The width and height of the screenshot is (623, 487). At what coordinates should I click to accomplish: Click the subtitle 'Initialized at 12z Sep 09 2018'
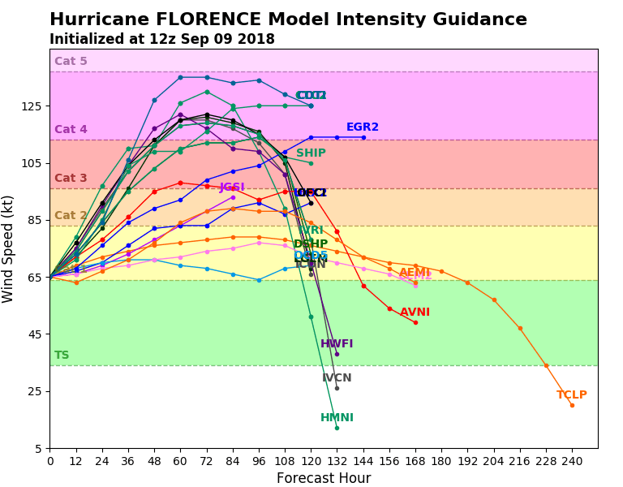coord(161,40)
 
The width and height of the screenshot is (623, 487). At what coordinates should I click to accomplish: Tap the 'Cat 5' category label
coord(71,62)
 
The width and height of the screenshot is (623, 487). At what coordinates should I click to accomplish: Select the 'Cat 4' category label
coord(71,130)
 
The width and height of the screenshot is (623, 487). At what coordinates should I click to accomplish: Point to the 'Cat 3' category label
coord(71,179)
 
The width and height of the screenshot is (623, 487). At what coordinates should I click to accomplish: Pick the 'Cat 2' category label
coord(71,216)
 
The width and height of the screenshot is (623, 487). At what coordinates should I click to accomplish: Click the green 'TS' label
coord(62,356)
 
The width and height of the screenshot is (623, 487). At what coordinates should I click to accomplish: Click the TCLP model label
coord(571,395)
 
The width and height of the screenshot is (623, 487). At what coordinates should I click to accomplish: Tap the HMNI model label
coord(337,418)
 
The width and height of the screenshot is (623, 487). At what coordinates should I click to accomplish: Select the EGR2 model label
coord(362,127)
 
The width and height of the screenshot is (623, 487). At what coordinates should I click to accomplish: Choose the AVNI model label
coord(415,312)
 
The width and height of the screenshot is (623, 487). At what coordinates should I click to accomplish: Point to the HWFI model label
coord(337,344)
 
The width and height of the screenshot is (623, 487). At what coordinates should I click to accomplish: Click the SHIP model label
coord(311,153)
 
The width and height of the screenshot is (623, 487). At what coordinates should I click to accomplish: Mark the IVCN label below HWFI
coord(337,378)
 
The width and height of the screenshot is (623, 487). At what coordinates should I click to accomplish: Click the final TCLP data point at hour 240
coord(572,405)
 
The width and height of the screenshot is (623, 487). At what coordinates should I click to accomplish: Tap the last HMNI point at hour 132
coord(337,428)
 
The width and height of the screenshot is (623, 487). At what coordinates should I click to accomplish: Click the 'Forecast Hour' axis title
coord(324,478)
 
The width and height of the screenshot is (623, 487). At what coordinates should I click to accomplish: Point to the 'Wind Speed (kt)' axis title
coord(9,248)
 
